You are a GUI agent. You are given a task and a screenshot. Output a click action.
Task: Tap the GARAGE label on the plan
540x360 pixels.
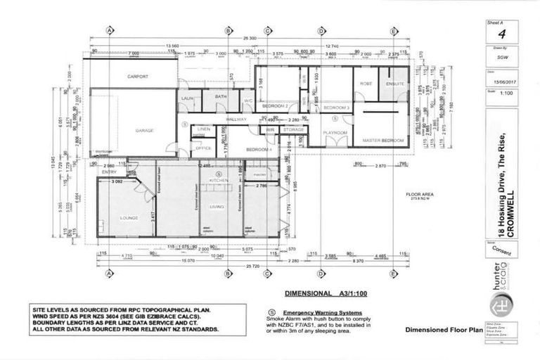coord(144,130)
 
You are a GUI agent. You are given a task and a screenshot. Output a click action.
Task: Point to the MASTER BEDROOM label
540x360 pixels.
coord(382,141)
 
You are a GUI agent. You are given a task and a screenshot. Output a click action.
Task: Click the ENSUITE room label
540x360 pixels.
coord(395,84)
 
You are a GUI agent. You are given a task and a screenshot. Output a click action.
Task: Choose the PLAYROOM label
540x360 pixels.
coord(335,132)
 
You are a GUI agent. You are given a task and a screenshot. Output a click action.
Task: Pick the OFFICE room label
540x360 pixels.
coord(203,148)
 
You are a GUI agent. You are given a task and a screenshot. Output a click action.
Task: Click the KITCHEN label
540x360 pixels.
coord(219,181)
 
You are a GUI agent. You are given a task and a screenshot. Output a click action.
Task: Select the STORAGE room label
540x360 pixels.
coord(292,130)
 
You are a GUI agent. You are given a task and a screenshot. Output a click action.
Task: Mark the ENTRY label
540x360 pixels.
coord(109,172)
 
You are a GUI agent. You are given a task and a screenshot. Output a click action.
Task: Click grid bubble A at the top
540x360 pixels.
coord(110,30)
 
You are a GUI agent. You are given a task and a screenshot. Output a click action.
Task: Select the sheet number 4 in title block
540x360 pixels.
coord(501,34)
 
